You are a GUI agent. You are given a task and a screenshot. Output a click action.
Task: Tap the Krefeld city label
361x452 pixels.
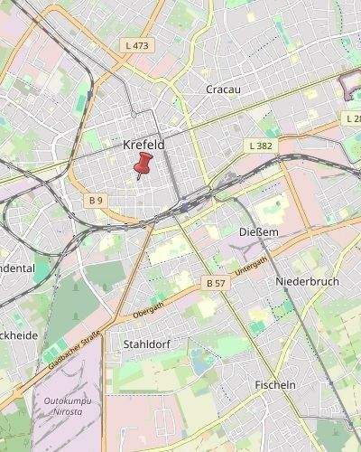(x=143, y=145)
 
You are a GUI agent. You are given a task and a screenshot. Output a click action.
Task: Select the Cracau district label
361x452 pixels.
(x=223, y=89)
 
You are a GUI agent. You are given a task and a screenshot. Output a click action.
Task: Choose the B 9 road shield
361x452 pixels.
(x=97, y=199)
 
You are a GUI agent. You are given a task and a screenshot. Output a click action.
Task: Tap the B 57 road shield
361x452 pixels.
(x=216, y=283)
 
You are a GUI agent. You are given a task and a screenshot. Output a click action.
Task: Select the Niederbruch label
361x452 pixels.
(x=307, y=282)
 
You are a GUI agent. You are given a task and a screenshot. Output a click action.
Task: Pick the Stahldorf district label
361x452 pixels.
(x=145, y=344)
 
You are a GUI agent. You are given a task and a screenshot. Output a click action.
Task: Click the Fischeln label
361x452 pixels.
(x=275, y=385)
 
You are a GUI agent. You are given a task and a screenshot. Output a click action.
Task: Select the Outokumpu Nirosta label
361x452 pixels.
(x=64, y=408)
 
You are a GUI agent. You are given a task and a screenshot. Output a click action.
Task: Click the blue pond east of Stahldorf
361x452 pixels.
(x=199, y=363)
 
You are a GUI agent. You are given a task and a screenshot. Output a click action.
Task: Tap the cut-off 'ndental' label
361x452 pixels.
(x=17, y=268)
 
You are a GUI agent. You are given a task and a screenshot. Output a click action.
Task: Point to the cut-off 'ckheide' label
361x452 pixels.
(x=18, y=335)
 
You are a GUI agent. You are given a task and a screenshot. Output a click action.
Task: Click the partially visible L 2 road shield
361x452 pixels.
(x=352, y=118)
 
